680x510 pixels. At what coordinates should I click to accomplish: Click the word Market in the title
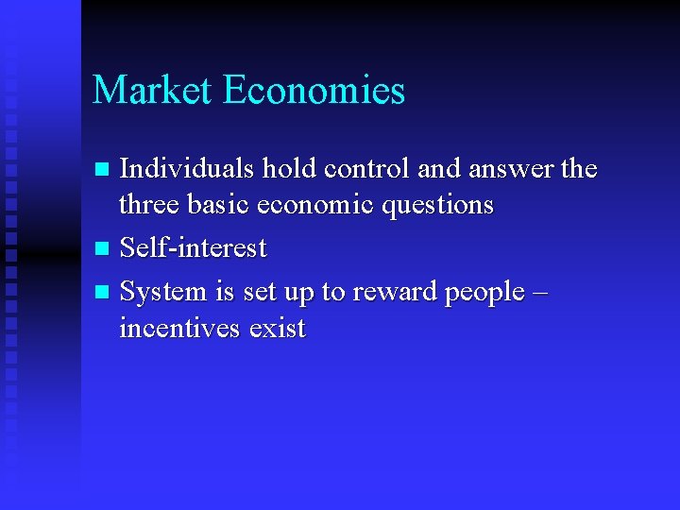[153, 91]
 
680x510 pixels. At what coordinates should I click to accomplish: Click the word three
[151, 205]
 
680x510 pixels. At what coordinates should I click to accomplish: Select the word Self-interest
[193, 248]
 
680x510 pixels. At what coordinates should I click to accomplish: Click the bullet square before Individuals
[104, 170]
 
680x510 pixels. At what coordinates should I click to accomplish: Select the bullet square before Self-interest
[104, 249]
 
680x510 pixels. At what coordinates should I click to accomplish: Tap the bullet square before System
[104, 293]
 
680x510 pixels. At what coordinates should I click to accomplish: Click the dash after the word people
[539, 292]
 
